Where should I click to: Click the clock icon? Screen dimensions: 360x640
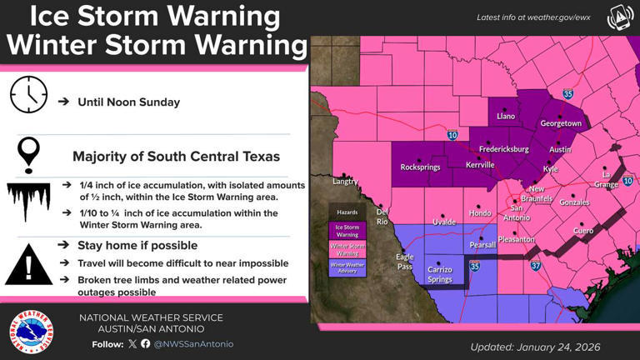[29, 95]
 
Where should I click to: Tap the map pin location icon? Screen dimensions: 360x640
[29, 155]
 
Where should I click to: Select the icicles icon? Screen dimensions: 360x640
[29, 202]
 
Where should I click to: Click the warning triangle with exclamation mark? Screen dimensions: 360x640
[29, 266]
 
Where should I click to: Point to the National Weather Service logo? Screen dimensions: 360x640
[32, 331]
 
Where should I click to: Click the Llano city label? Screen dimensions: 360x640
[506, 117]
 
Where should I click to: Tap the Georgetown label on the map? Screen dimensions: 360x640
[561, 123]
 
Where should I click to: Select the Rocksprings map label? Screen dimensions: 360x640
[420, 167]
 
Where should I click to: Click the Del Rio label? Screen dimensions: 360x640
[382, 217]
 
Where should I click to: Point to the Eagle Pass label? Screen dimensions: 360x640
[404, 262]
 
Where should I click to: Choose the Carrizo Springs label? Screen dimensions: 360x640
[439, 274]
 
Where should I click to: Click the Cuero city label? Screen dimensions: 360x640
[583, 230]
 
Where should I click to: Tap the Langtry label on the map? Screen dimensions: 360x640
[344, 181]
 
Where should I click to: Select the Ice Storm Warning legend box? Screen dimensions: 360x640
[347, 230]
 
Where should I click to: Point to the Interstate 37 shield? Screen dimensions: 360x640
[536, 267]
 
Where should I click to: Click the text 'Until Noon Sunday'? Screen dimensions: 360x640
[128, 102]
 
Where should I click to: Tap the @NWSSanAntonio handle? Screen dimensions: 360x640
[193, 343]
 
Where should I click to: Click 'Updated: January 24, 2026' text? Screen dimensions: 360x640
[535, 347]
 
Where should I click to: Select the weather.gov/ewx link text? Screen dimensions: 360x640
[533, 17]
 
